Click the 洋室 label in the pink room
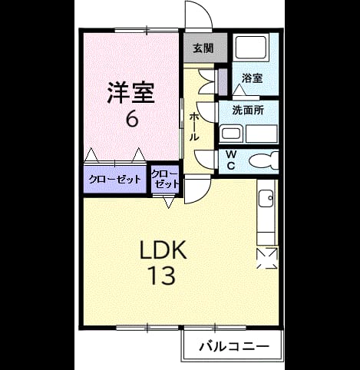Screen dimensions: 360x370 tap(130, 93)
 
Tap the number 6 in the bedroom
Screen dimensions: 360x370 tap(132, 119)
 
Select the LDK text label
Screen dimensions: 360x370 tap(163, 250)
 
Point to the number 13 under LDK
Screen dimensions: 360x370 tap(163, 276)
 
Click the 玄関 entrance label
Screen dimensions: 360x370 tap(203, 48)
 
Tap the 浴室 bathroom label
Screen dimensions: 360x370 tap(253, 78)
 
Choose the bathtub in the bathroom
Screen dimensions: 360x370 tap(251, 48)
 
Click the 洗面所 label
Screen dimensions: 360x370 tap(248, 111)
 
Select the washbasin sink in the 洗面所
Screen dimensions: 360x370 tap(231, 134)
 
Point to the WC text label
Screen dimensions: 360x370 tap(231, 160)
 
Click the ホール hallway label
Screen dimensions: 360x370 tap(193, 127)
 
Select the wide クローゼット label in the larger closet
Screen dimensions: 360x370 tap(114, 180)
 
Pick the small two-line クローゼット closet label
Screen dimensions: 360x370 tap(165, 179)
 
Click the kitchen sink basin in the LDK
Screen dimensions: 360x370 tap(266, 199)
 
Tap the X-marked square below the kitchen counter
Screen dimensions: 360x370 tap(267, 258)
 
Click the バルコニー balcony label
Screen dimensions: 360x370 tap(234, 347)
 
